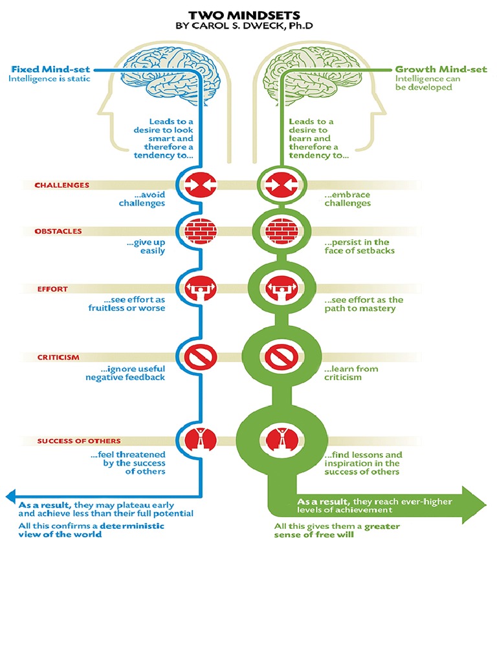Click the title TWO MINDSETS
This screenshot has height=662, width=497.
click(x=248, y=14)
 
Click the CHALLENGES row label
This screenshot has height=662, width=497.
click(x=62, y=185)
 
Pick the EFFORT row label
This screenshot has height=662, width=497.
click(x=52, y=289)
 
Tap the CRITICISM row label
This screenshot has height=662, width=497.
click(x=58, y=357)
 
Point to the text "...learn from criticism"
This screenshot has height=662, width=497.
click(x=351, y=373)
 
